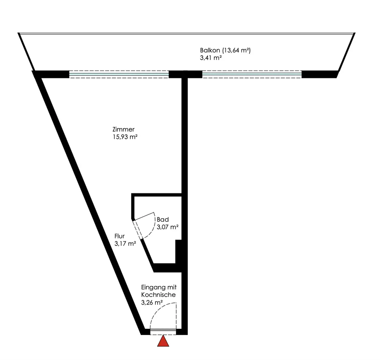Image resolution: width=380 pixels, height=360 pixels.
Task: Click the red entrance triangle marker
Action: tap(163, 341)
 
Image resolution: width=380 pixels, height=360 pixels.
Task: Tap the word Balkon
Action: tap(209, 50)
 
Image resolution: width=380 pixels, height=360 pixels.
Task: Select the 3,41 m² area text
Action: tap(211, 58)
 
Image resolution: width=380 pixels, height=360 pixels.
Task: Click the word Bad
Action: tap(162, 220)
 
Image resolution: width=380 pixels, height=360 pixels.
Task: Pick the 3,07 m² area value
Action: tap(168, 227)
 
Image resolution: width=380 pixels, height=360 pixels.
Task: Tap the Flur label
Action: tap(120, 236)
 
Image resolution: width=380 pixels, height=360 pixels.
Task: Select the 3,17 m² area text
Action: tap(125, 244)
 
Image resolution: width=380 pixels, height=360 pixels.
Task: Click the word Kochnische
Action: tap(158, 295)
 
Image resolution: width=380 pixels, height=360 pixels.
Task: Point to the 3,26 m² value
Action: tap(152, 303)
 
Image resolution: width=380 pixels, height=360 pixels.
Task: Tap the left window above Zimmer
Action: tap(119, 74)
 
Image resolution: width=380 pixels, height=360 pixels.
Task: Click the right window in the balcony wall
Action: tap(252, 74)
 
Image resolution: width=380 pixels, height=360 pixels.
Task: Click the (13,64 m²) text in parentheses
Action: tap(237, 50)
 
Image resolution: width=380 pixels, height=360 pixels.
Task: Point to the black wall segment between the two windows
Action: tap(185, 74)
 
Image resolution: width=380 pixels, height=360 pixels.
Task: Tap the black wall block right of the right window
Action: tap(319, 74)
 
